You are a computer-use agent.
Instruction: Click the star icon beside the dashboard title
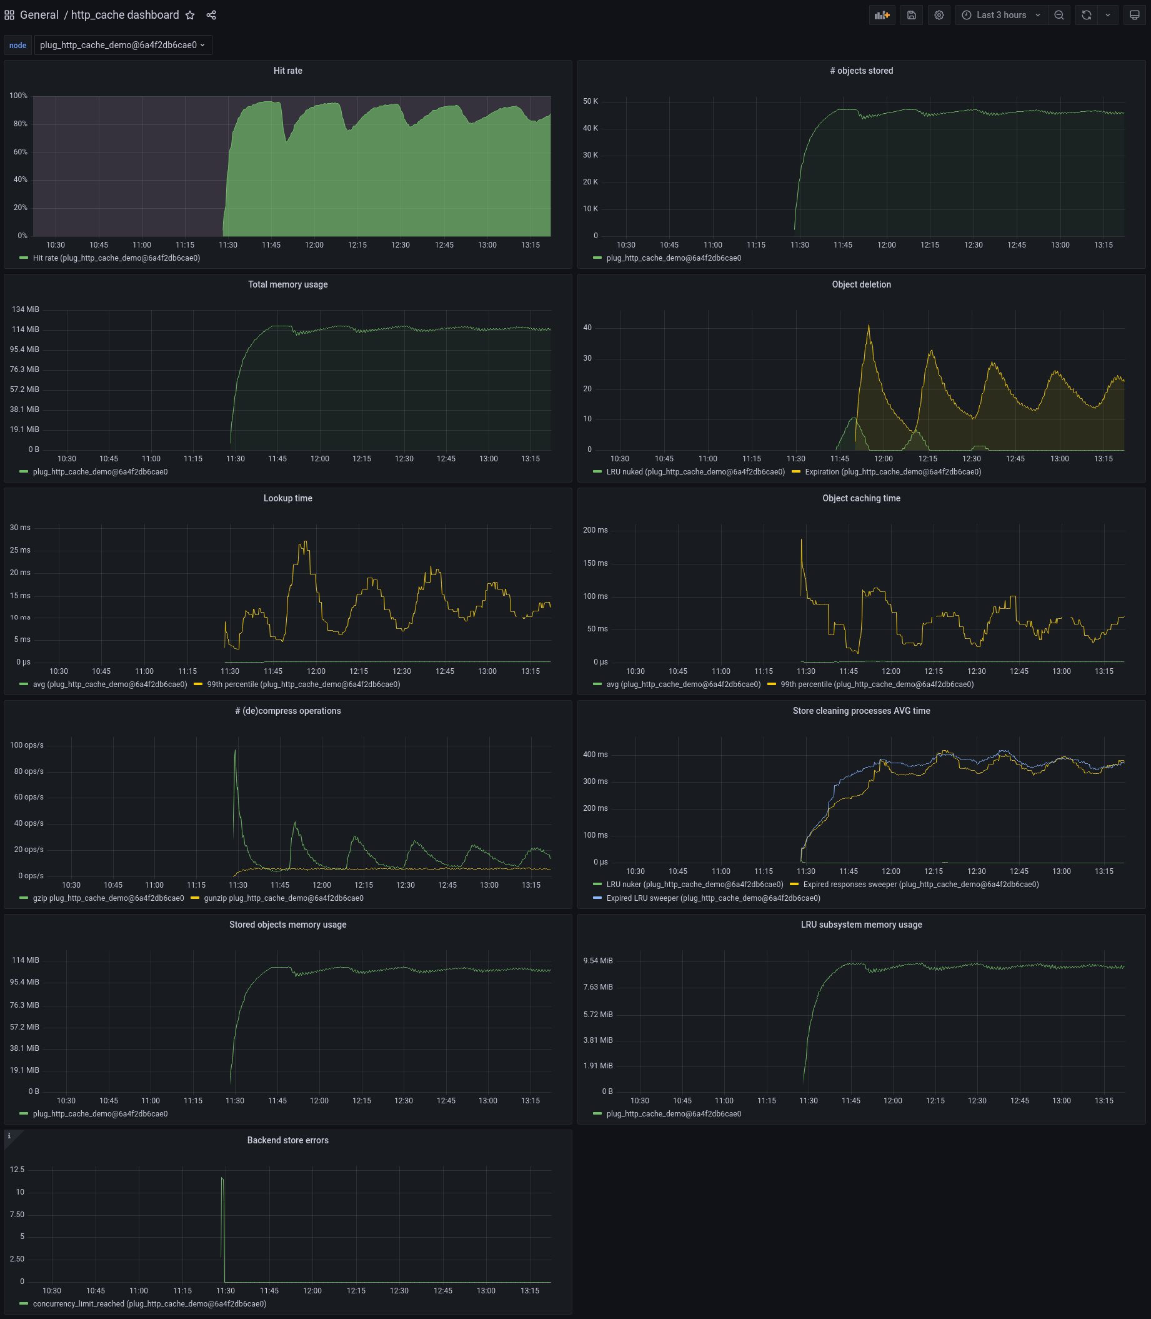190,16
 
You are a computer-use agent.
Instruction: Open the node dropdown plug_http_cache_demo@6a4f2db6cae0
122,45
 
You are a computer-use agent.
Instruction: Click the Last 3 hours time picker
1000,16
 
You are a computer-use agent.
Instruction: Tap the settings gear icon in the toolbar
939,16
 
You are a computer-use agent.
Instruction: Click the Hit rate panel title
287,71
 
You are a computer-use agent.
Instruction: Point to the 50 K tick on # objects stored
590,101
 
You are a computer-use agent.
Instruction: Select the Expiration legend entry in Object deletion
892,472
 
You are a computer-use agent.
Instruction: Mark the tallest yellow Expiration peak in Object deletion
869,326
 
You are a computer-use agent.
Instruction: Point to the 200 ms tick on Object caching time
595,531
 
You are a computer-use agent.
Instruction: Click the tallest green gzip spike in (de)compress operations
235,751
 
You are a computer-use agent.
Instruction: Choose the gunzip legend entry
283,899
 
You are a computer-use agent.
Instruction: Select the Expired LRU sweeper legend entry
712,899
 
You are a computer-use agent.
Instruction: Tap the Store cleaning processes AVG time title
860,711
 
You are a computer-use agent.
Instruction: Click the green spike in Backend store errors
222,1179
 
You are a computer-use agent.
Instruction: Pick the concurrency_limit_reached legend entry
149,1304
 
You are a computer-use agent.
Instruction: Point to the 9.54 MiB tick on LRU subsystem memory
597,961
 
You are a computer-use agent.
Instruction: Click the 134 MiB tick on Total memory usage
25,309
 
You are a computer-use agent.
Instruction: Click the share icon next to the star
211,16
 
